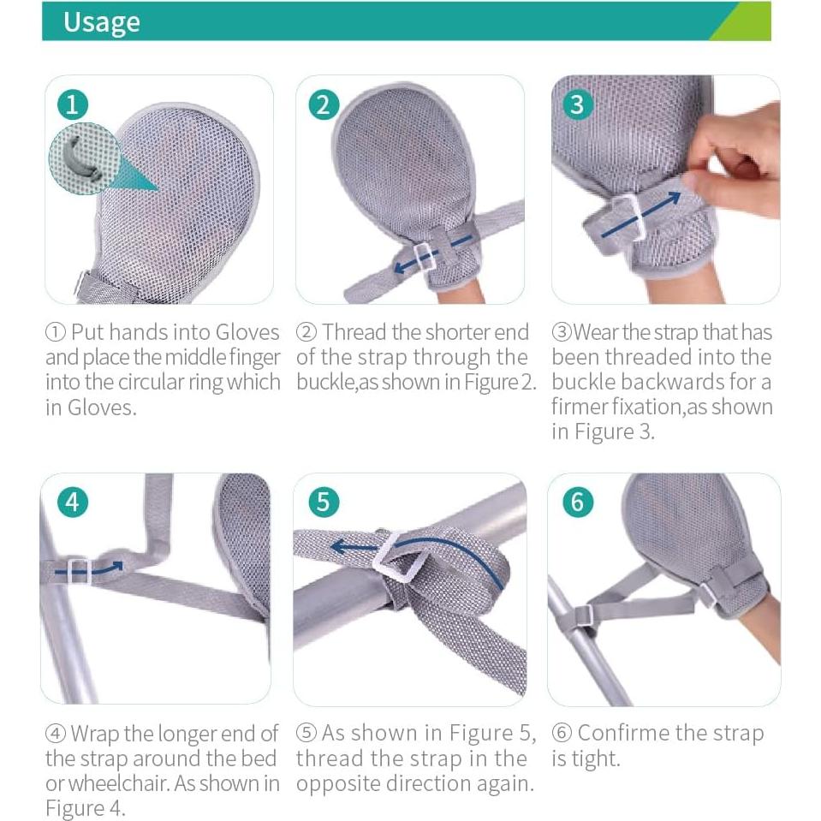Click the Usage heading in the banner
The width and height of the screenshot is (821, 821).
pyautogui.click(x=101, y=22)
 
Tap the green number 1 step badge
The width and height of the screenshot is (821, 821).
pyautogui.click(x=72, y=104)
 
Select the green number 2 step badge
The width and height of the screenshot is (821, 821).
pyautogui.click(x=323, y=104)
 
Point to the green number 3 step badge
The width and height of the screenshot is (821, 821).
pyautogui.click(x=577, y=104)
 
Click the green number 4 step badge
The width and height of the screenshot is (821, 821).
pyautogui.click(x=72, y=501)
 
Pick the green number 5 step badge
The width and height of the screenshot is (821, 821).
pyautogui.click(x=323, y=501)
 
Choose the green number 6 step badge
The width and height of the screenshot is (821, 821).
pyautogui.click(x=577, y=501)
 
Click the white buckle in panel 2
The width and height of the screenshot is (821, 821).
pyautogui.click(x=425, y=255)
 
